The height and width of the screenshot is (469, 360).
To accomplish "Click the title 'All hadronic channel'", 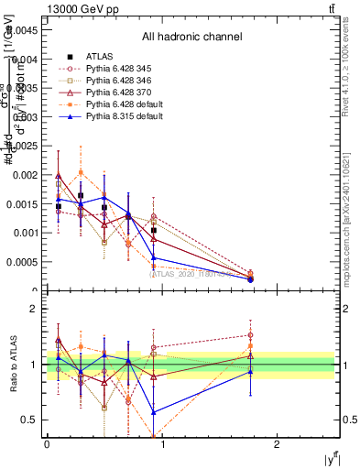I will click(191, 38).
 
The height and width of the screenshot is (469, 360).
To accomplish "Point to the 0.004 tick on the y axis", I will click(23, 58).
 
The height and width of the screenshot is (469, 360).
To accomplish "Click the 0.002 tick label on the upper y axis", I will click(23, 174).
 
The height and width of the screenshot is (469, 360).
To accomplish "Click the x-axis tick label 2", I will click(277, 444).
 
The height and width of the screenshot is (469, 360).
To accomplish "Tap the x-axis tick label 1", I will click(161, 444).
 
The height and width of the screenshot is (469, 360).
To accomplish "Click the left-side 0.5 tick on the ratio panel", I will click(30, 420).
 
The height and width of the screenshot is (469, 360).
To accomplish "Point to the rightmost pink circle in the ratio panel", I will click(250, 335).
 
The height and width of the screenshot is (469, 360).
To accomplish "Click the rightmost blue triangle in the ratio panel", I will click(250, 371).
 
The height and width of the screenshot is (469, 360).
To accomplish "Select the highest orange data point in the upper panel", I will click(82, 172).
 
